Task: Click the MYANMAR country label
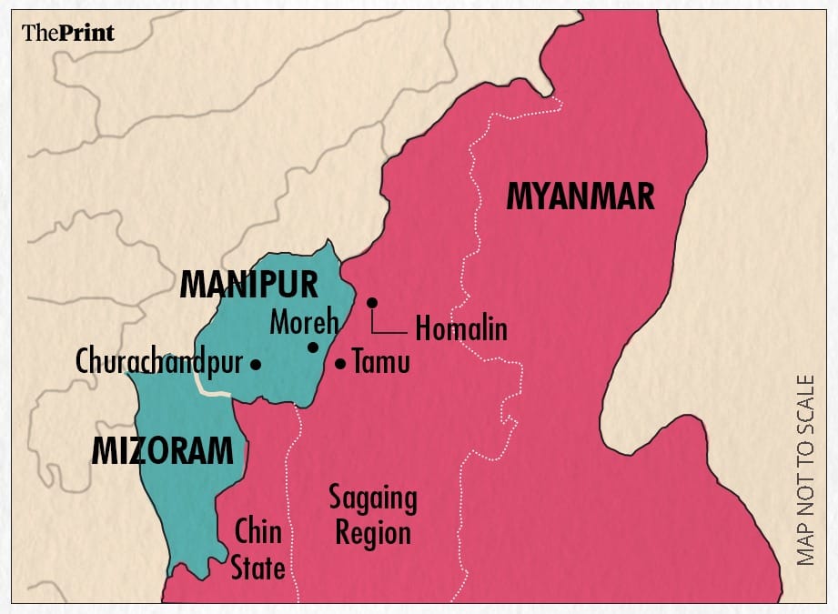[x=580, y=196]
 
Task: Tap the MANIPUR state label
[x=248, y=284]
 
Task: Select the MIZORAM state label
[x=162, y=450]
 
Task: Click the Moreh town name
[x=304, y=322]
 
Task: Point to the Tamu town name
[x=382, y=363]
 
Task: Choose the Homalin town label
[x=460, y=328]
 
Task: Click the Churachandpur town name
[x=159, y=363]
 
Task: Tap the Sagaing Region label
[x=373, y=515]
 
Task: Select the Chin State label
[x=257, y=549]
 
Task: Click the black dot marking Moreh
[x=312, y=347]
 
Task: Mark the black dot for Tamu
[x=340, y=364]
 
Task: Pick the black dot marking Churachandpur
[x=256, y=364]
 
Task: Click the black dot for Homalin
[x=371, y=302]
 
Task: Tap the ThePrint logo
[x=68, y=34]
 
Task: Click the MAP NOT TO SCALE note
[x=806, y=470]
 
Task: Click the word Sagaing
[x=373, y=498]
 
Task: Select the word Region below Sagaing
[x=373, y=532]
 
